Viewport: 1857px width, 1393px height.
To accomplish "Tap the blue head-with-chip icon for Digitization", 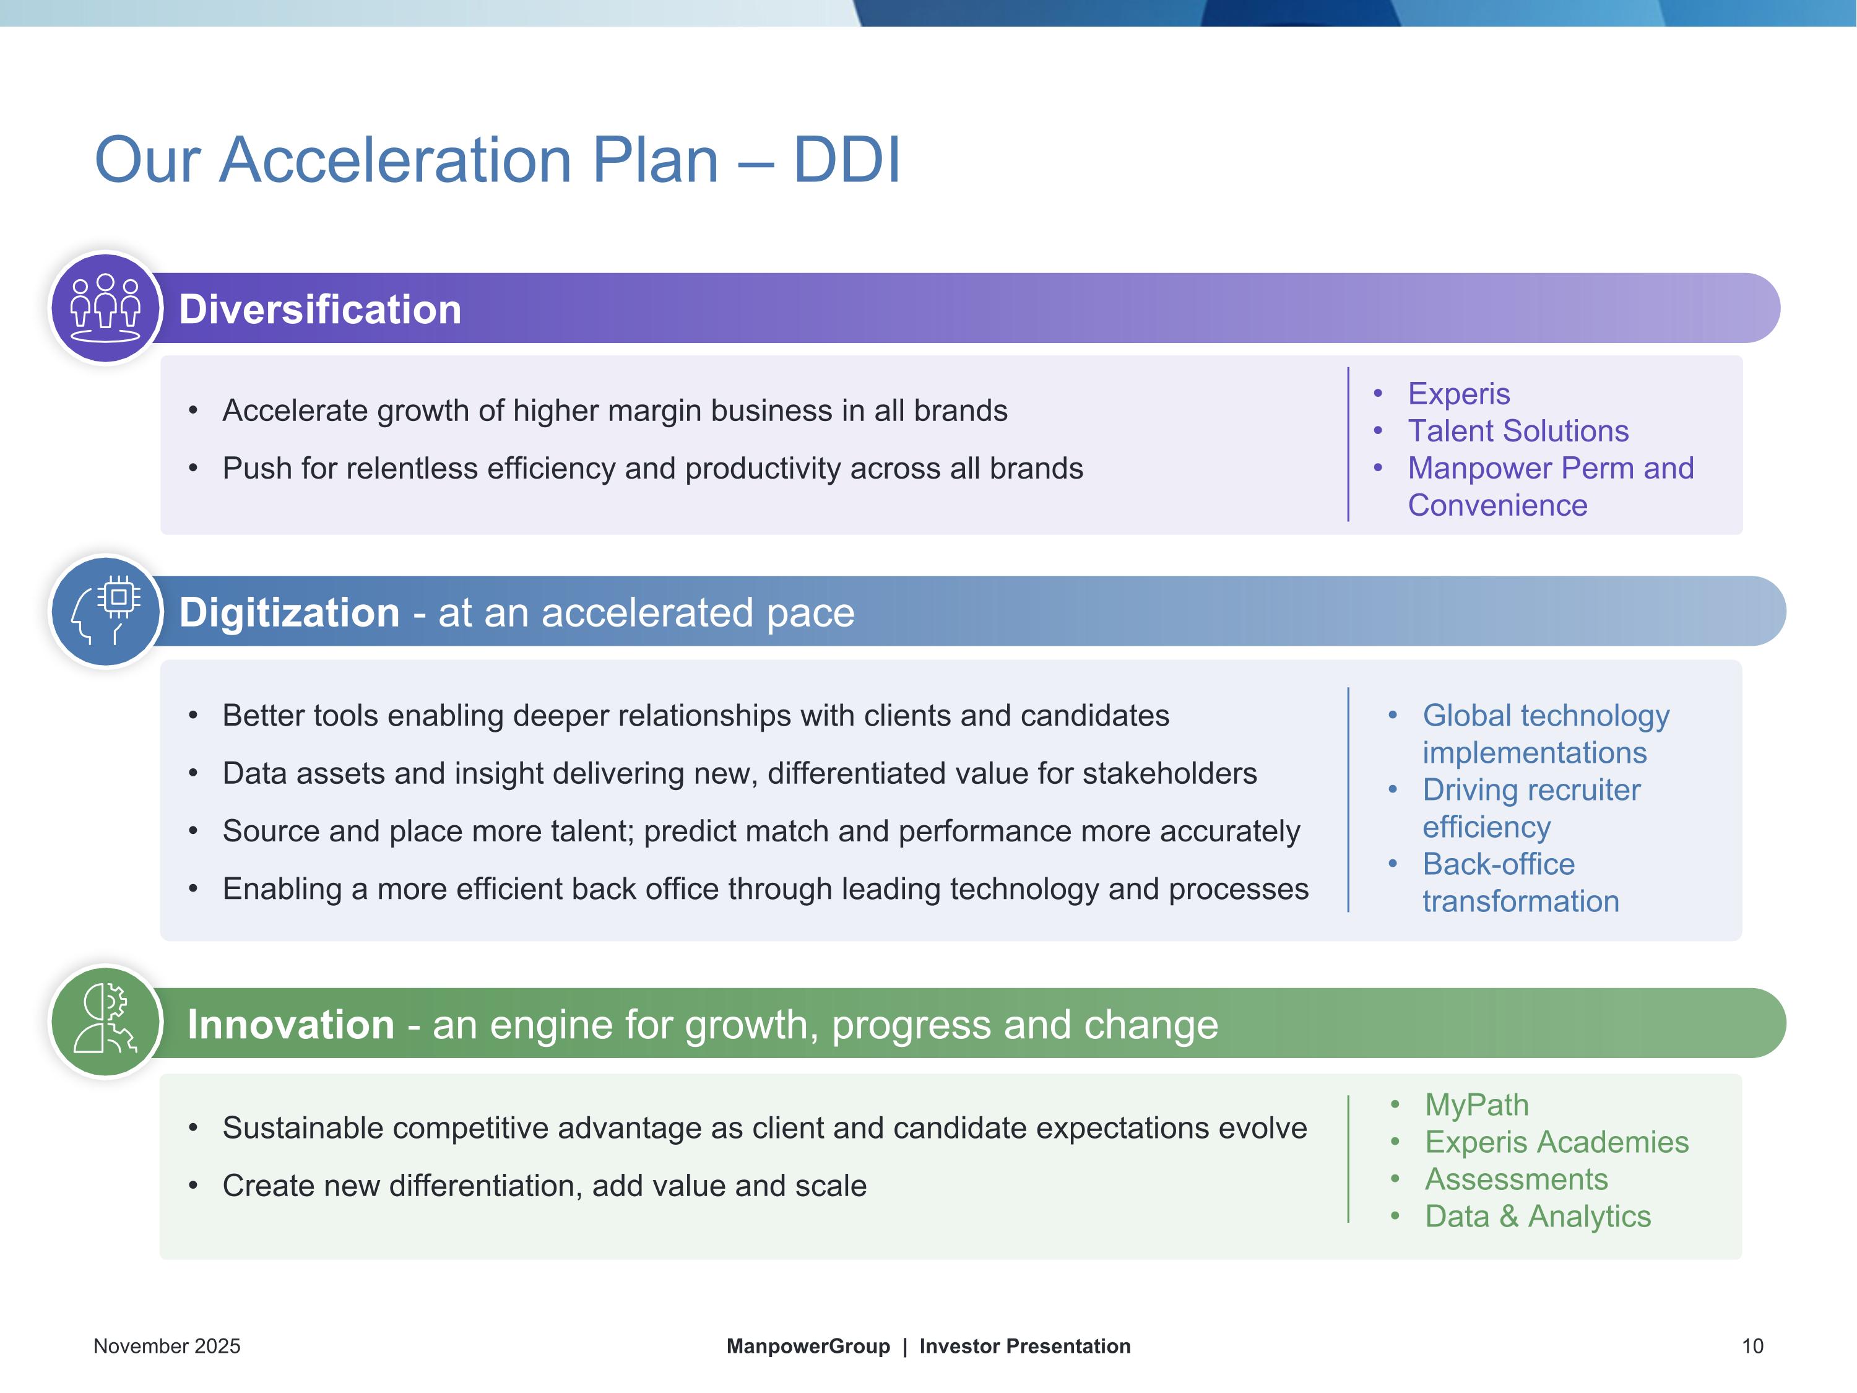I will point(106,611).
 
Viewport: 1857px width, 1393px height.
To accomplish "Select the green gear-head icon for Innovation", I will point(106,1021).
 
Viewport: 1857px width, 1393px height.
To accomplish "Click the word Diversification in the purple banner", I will point(320,309).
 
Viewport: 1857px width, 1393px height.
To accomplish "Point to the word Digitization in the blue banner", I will point(289,612).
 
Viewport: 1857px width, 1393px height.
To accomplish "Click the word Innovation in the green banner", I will point(290,1025).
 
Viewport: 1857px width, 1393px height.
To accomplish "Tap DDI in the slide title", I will point(846,160).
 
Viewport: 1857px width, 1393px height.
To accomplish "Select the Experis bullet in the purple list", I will point(1458,394).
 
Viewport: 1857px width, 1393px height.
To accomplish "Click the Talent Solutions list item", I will point(1518,431).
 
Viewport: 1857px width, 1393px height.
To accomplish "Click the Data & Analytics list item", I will point(1537,1216).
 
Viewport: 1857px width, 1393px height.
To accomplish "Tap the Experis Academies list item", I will point(1556,1142).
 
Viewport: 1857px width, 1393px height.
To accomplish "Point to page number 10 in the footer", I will point(1752,1346).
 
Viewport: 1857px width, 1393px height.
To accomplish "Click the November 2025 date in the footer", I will point(167,1346).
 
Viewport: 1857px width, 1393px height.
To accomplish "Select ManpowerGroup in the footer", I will point(808,1346).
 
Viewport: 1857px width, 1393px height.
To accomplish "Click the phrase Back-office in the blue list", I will point(1499,864).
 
